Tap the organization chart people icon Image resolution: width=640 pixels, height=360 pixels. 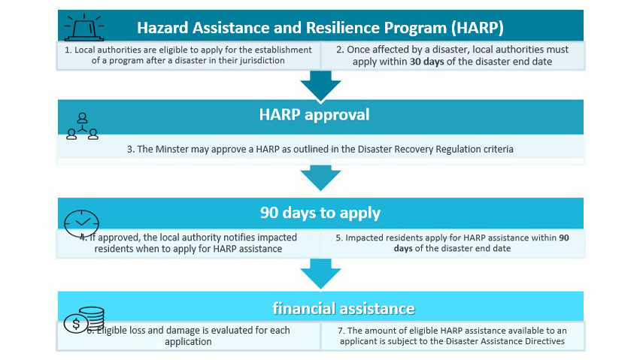pyautogui.click(x=83, y=126)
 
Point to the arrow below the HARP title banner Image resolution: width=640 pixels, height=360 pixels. pyautogui.click(x=320, y=86)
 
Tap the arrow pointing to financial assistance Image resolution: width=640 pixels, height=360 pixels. pyautogui.click(x=320, y=274)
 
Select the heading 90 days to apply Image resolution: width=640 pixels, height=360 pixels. pyautogui.click(x=320, y=213)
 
